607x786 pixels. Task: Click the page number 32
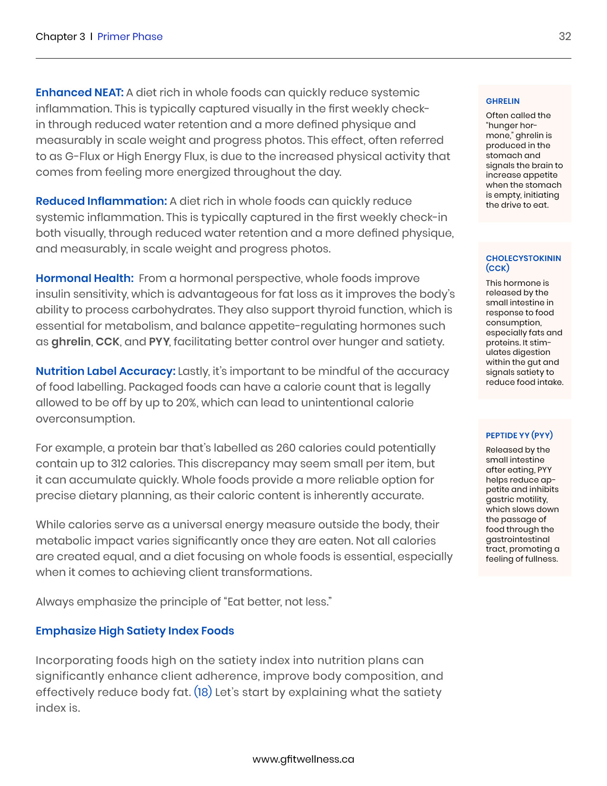coord(565,37)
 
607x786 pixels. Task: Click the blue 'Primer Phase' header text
coord(130,37)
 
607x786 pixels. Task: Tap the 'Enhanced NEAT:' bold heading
coord(80,92)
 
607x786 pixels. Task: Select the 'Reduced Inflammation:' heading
coord(101,201)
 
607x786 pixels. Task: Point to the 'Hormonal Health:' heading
coord(85,278)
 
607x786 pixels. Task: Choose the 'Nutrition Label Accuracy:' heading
coord(106,371)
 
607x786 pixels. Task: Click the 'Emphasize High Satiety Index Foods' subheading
coord(135,631)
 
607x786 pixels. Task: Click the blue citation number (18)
coord(203,692)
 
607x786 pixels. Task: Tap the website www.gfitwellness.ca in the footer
coord(303,759)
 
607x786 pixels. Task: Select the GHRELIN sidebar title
coord(502,101)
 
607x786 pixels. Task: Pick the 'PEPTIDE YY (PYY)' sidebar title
coord(519,435)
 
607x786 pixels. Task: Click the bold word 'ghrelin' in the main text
coord(71,342)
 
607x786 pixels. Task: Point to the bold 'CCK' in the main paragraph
coord(108,342)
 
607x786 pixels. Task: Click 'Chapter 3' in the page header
coord(60,37)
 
